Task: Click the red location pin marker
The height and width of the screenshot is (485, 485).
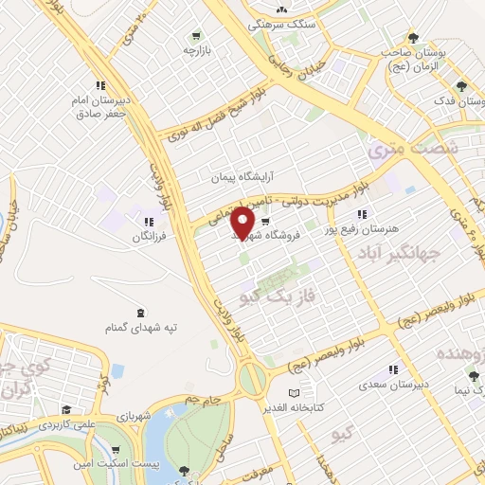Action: (x=243, y=222)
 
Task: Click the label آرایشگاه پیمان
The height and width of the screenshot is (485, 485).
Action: (x=241, y=177)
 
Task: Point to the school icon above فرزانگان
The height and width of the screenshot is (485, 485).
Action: (x=147, y=224)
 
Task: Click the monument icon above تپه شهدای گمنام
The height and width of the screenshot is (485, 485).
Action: (x=141, y=314)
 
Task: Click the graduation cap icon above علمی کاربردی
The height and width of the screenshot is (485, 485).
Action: (x=66, y=410)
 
